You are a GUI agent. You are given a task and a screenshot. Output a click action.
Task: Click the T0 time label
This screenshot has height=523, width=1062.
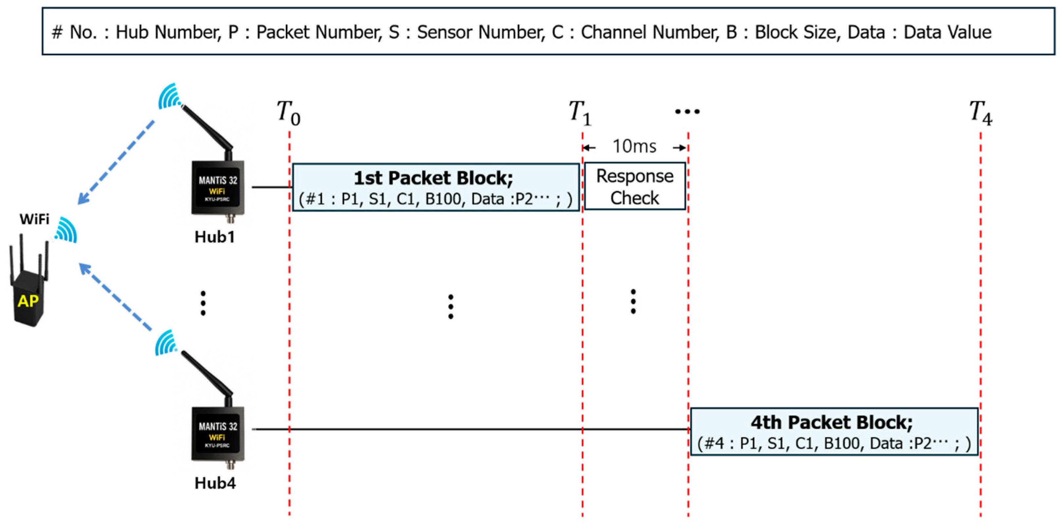288,113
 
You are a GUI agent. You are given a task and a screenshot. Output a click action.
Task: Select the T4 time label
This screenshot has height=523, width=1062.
980,113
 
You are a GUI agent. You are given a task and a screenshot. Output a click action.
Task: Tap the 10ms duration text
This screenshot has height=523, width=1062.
634,146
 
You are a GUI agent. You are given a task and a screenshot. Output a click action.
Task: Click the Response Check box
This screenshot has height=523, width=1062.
635,186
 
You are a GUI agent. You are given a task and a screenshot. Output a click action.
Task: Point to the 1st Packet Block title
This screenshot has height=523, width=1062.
434,178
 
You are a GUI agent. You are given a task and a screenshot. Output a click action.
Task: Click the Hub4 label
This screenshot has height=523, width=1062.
215,483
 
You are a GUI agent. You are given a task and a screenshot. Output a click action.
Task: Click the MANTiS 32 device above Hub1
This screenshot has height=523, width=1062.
218,188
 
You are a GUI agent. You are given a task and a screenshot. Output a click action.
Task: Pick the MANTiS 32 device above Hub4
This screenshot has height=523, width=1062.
218,434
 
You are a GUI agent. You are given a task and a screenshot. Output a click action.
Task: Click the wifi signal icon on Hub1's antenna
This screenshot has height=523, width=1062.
169,97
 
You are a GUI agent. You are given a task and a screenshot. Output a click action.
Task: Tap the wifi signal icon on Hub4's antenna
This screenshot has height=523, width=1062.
166,342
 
